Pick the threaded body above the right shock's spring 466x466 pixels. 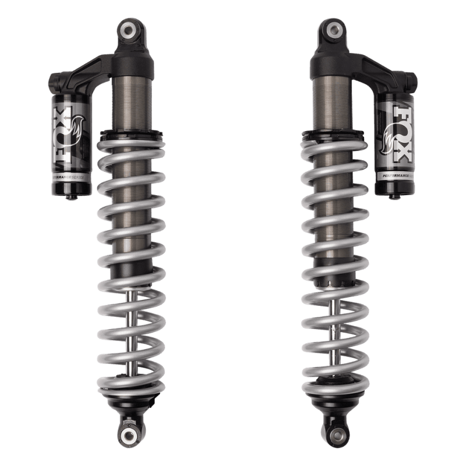click(x=332, y=99)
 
